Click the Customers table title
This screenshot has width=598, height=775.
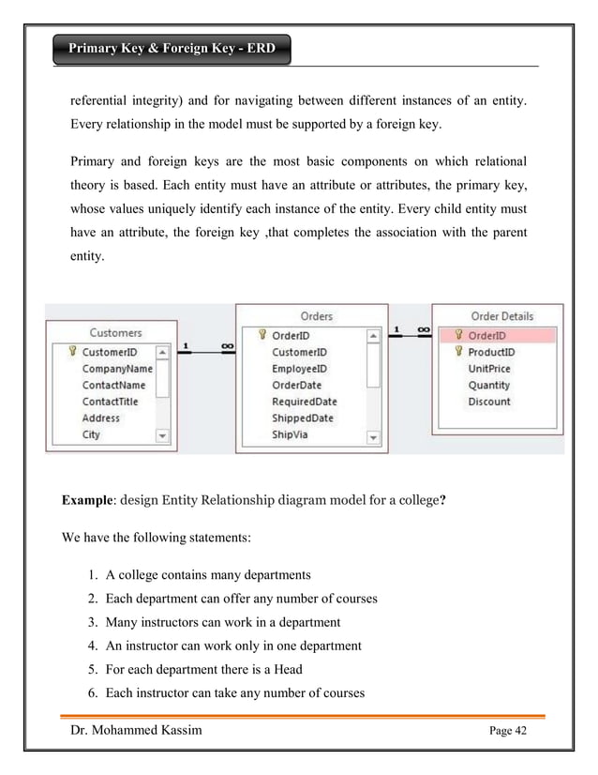[115, 332]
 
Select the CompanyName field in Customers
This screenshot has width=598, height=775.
[117, 369]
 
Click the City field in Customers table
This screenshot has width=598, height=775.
[91, 435]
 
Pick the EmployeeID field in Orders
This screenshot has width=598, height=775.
[299, 369]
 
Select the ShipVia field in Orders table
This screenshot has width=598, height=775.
[290, 435]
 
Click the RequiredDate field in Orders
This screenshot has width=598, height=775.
[304, 402]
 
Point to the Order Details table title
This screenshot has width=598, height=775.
[502, 316]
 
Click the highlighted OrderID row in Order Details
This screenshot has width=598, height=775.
[498, 335]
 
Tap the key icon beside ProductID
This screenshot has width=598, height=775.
[458, 352]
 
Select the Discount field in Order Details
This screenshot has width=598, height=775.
[489, 402]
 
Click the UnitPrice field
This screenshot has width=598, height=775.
[489, 369]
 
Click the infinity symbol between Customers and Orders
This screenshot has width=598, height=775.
[226, 346]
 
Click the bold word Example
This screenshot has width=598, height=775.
[87, 500]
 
